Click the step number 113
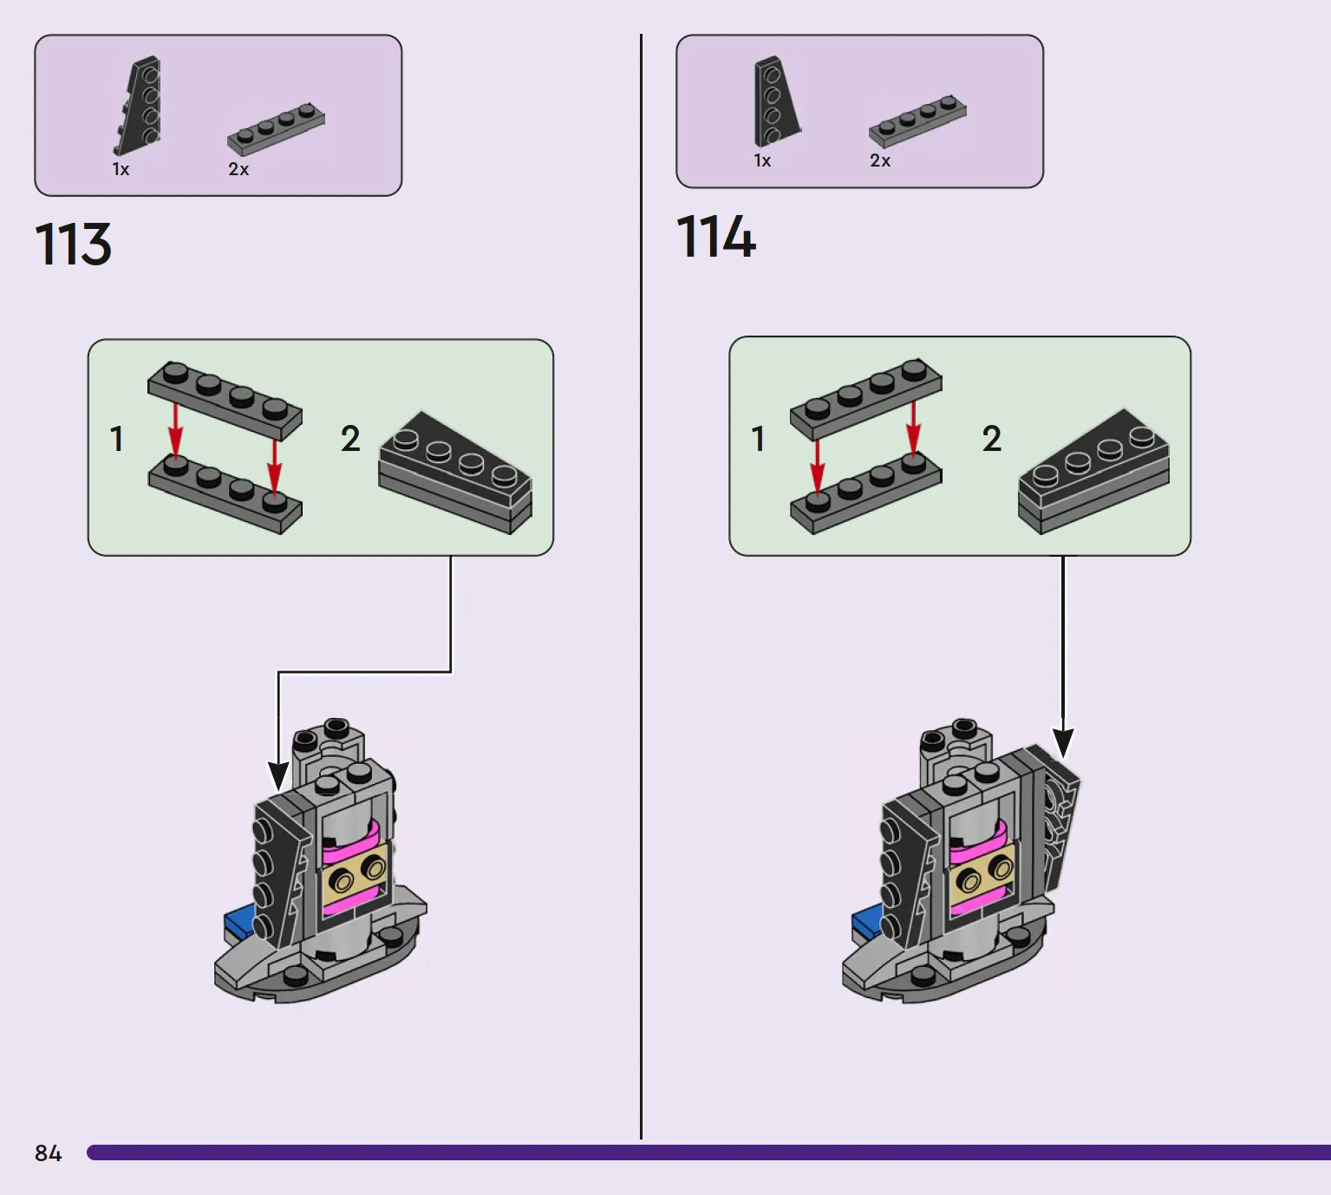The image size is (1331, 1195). [73, 244]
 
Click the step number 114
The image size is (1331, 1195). [716, 237]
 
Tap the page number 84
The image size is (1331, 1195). [48, 1153]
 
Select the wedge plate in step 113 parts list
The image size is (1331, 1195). [137, 105]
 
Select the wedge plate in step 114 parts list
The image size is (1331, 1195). [777, 101]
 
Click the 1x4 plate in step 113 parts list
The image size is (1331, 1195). [276, 128]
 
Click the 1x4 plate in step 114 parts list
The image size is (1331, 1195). [917, 121]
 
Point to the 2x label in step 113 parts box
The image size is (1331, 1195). [238, 169]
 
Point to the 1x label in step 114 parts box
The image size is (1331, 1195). [762, 161]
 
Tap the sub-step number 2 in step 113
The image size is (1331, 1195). [350, 438]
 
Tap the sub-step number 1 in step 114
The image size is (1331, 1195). [758, 438]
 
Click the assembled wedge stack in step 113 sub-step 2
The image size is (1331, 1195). [455, 473]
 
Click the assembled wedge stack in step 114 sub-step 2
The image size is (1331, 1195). [1093, 471]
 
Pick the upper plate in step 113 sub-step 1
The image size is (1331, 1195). [225, 400]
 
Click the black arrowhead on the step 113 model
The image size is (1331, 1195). [277, 776]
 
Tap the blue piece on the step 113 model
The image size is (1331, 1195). [238, 922]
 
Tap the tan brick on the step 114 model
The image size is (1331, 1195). [982, 872]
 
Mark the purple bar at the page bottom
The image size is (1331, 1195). [709, 1153]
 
